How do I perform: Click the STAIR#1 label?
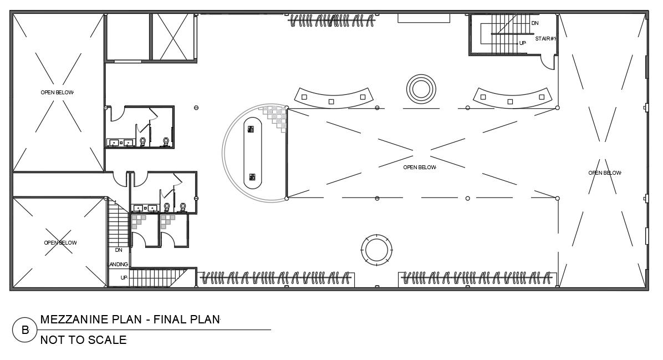pos(545,39)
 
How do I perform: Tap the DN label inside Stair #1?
pos(535,23)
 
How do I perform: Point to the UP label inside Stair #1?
pos(522,43)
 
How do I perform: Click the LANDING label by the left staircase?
pos(118,265)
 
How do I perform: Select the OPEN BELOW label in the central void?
pos(420,167)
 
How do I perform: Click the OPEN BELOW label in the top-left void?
pos(57,92)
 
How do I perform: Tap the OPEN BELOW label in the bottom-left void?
pos(60,242)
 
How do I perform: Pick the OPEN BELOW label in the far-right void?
pos(604,173)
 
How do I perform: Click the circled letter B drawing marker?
pos(25,331)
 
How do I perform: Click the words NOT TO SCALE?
pos(83,340)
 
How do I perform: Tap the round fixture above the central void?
pos(421,88)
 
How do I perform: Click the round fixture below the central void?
pos(376,249)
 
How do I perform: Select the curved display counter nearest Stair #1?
pos(513,98)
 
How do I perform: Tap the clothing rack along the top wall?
pos(332,21)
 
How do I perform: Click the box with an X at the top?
pos(174,36)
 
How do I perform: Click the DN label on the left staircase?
pos(119,250)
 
